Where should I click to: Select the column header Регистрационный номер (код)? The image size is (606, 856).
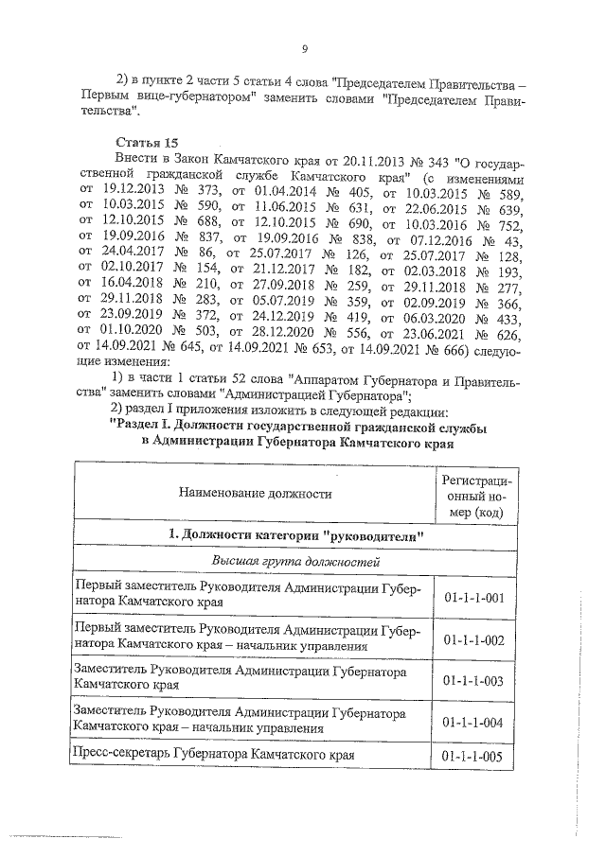471,495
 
